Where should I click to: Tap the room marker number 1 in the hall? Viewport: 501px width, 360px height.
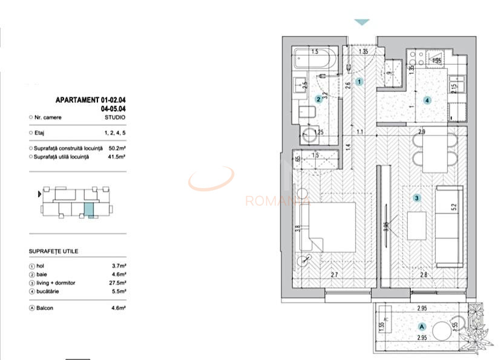[359, 81]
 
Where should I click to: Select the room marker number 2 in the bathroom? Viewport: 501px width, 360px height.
[319, 99]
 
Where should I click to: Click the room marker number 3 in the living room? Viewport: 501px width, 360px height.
[416, 198]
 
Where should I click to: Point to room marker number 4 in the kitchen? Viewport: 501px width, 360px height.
[427, 100]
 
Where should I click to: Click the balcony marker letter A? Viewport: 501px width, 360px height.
[421, 326]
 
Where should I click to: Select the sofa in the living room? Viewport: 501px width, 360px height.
[449, 226]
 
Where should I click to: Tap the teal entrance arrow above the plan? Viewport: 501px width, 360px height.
[361, 22]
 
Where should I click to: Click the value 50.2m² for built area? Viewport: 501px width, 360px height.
[117, 148]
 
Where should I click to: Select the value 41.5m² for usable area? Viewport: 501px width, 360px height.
[117, 157]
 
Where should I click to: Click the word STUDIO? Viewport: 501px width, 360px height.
[115, 117]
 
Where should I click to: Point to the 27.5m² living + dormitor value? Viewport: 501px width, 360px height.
[117, 282]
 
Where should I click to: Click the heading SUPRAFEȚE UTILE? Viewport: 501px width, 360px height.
[53, 250]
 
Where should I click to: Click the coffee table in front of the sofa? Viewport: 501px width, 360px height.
[417, 226]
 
